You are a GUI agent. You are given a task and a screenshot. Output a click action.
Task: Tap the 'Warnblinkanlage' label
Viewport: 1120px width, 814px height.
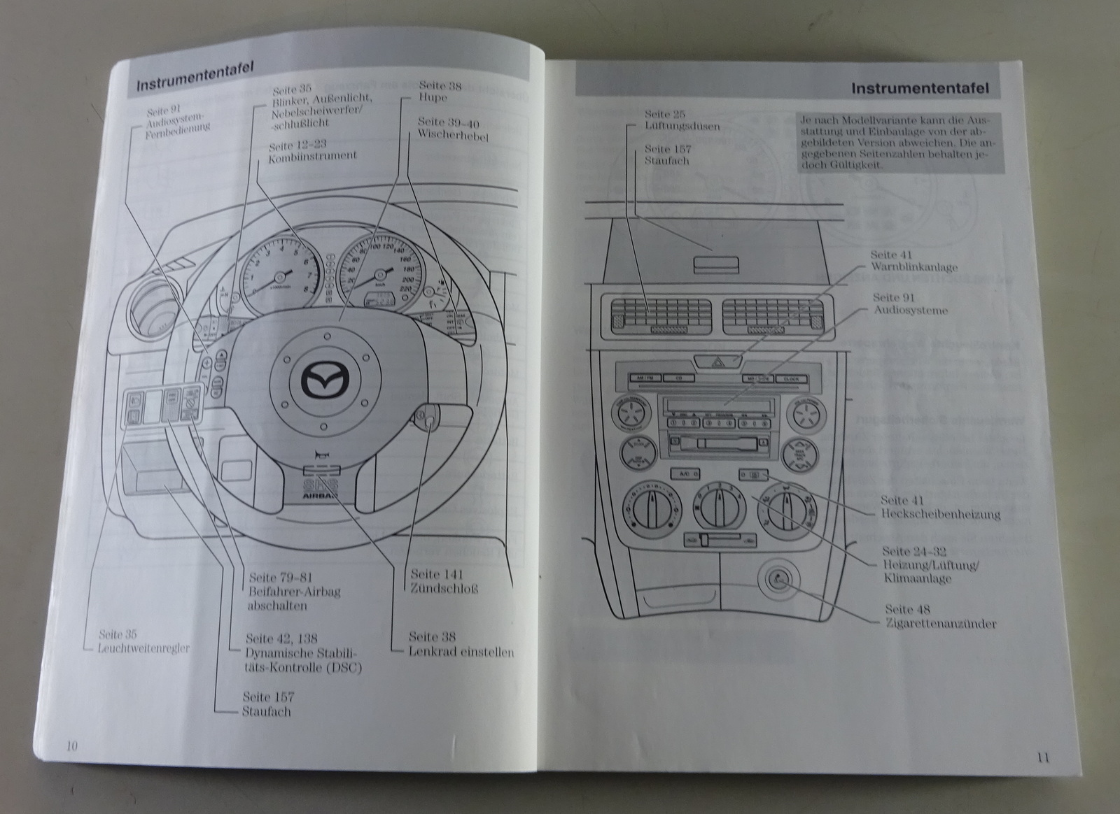[914, 267]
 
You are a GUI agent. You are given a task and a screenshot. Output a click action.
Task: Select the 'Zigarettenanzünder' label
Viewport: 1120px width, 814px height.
[940, 624]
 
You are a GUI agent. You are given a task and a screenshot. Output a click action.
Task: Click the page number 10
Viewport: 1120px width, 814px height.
[71, 745]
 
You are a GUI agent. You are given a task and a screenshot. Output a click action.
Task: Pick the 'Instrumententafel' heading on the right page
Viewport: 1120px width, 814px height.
[920, 89]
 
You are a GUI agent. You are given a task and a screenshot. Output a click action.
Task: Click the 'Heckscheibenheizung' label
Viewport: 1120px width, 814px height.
[940, 515]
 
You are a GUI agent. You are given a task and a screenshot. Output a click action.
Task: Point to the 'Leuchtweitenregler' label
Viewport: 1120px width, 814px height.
[144, 648]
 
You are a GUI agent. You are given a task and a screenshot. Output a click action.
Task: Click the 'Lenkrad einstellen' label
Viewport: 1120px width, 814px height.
[461, 652]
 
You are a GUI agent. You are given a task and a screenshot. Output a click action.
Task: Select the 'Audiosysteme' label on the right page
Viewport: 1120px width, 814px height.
[910, 310]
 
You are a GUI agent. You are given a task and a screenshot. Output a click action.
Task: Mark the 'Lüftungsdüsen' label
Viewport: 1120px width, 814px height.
[682, 127]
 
